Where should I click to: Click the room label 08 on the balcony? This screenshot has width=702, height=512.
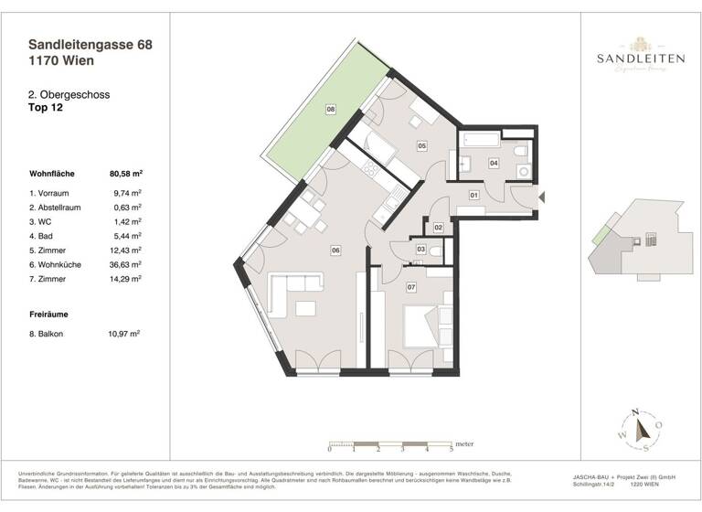pyautogui.click(x=331, y=109)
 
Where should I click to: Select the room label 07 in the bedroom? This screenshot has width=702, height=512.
pyautogui.click(x=411, y=288)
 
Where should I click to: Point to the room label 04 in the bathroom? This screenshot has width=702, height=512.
pyautogui.click(x=494, y=164)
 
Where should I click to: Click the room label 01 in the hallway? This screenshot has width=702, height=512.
pyautogui.click(x=474, y=195)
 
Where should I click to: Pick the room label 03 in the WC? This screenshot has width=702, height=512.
pyautogui.click(x=420, y=249)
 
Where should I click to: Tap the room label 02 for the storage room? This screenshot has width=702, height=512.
pyautogui.click(x=439, y=227)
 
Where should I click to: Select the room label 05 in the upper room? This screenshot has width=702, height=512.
pyautogui.click(x=422, y=145)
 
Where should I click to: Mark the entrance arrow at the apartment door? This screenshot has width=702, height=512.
pyautogui.click(x=543, y=196)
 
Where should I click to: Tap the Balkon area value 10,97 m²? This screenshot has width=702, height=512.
pyautogui.click(x=124, y=335)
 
